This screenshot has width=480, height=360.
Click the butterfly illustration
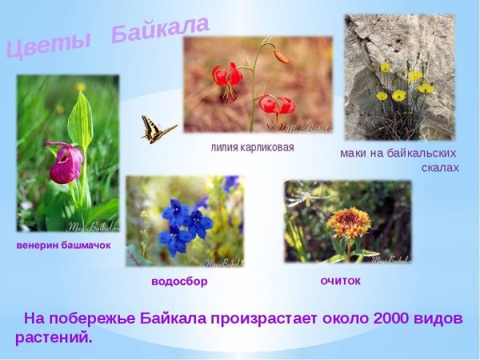(x=158, y=130)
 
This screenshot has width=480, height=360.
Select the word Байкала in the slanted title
(x=160, y=30)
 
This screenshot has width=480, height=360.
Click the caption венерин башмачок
(x=63, y=245)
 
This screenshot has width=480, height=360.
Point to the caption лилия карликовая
(x=252, y=147)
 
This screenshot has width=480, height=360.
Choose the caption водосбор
(x=185, y=282)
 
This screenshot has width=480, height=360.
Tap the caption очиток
(x=340, y=281)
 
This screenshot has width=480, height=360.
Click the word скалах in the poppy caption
(x=439, y=168)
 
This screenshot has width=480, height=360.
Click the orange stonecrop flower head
(x=350, y=223)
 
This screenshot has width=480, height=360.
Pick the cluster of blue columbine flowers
(x=185, y=223)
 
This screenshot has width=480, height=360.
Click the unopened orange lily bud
(x=280, y=56)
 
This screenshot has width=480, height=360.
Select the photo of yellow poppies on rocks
(x=399, y=77)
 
